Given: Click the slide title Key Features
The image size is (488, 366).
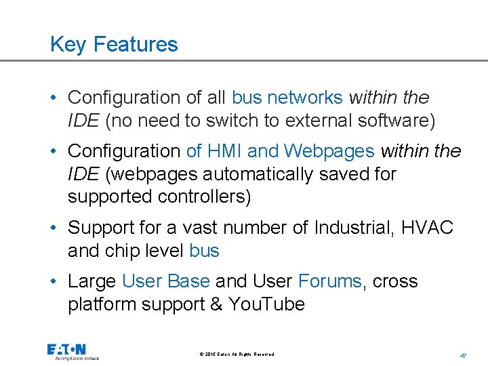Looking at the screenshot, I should tap(114, 45).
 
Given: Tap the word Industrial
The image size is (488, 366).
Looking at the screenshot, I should tap(353, 227).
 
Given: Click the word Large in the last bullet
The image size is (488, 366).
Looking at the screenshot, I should tap(92, 281).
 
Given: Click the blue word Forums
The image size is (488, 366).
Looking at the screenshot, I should tap(329, 281).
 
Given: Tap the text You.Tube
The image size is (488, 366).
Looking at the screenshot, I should tap(267, 304).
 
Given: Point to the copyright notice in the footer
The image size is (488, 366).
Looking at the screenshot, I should tap(237, 354).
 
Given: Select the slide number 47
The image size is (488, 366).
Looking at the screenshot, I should tap(464, 354).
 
